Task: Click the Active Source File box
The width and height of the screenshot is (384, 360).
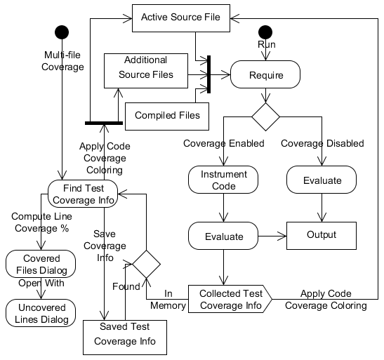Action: click(x=181, y=18)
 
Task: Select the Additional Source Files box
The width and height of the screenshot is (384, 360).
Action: click(x=146, y=71)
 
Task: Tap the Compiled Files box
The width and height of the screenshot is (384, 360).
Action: click(x=167, y=116)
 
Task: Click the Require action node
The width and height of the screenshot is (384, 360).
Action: click(x=265, y=74)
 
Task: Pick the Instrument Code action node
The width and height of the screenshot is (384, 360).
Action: click(x=223, y=180)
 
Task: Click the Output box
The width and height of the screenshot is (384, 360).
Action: click(x=322, y=236)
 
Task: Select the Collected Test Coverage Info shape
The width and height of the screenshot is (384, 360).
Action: click(x=230, y=299)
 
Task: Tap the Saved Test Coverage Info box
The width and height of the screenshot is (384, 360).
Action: click(x=125, y=338)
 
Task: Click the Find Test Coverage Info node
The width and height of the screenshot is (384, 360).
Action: click(x=83, y=194)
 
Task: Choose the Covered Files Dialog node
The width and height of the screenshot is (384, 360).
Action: click(x=41, y=264)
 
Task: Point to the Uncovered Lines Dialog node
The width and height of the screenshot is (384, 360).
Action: click(x=41, y=313)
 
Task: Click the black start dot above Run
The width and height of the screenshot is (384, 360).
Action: click(x=265, y=32)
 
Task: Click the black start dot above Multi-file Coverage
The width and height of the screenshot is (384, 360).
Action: click(x=62, y=32)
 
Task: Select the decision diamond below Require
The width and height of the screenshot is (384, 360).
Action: click(x=265, y=116)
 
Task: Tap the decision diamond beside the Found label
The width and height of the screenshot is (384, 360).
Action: click(x=146, y=264)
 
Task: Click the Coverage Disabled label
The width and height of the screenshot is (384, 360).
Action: click(x=322, y=143)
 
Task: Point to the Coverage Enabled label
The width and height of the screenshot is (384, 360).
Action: click(x=224, y=143)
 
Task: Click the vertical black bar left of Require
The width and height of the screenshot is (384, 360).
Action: click(x=209, y=74)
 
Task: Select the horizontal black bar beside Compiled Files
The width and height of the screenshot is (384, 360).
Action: click(x=104, y=123)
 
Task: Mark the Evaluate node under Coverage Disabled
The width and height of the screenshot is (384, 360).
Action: click(x=322, y=180)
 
